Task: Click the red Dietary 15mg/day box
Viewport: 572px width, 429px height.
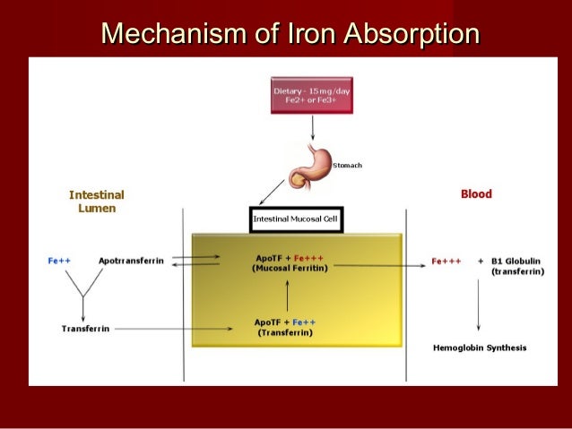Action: pos(309,95)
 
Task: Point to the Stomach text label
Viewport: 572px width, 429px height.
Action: pos(347,166)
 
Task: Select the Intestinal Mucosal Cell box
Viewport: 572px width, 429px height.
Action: pos(295,219)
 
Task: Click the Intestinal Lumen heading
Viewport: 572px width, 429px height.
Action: pos(96,202)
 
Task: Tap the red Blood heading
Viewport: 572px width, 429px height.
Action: pos(476,193)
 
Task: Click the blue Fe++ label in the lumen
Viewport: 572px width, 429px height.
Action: pos(59,261)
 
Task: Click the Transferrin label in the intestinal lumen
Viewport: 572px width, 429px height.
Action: pos(85,329)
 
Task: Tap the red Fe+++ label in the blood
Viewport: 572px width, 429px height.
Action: pos(446,262)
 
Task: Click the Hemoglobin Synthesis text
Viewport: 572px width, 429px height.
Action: pos(480,347)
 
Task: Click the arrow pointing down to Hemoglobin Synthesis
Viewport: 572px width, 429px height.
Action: pos(481,310)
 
